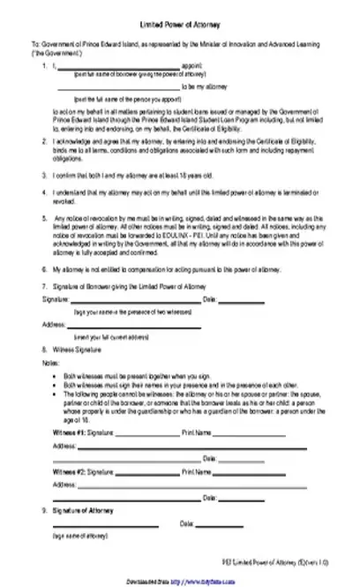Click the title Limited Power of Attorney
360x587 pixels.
coord(180,27)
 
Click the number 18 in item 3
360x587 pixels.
coord(169,175)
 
